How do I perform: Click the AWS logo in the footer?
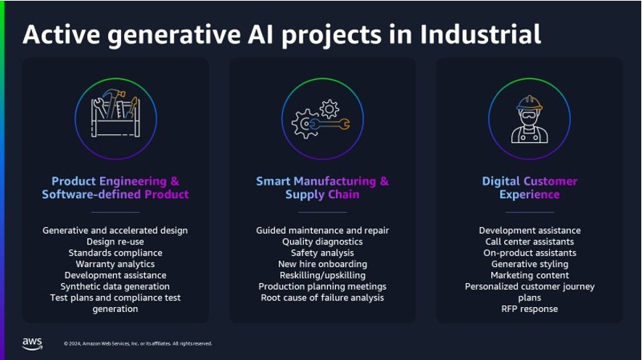pyautogui.click(x=33, y=343)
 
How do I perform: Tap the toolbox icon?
pyautogui.click(x=115, y=113)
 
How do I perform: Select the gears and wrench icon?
pyautogui.click(x=321, y=119)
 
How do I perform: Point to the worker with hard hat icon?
pyautogui.click(x=530, y=119)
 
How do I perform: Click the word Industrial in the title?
pyautogui.click(x=481, y=34)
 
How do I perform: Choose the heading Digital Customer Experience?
pyautogui.click(x=530, y=187)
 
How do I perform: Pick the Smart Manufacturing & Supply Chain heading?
pyautogui.click(x=322, y=187)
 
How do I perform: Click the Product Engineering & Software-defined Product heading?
pyautogui.click(x=115, y=187)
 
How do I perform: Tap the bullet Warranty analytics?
pyautogui.click(x=115, y=264)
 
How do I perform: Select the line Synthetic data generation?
pyautogui.click(x=115, y=286)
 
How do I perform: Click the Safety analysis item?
pyautogui.click(x=322, y=253)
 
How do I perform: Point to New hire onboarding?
pyautogui.click(x=322, y=264)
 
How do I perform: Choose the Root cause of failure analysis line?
pyautogui.click(x=322, y=298)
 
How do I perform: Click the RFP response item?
pyautogui.click(x=530, y=308)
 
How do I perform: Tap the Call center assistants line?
pyautogui.click(x=530, y=242)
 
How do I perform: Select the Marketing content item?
pyautogui.click(x=530, y=275)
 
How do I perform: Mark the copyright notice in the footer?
pyautogui.click(x=138, y=343)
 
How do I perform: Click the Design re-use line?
pyautogui.click(x=115, y=242)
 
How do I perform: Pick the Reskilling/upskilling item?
pyautogui.click(x=322, y=275)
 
